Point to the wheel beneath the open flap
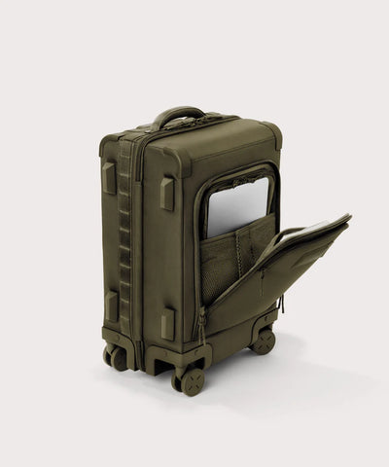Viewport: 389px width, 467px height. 263,341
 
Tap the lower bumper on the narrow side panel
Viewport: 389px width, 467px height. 111,306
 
